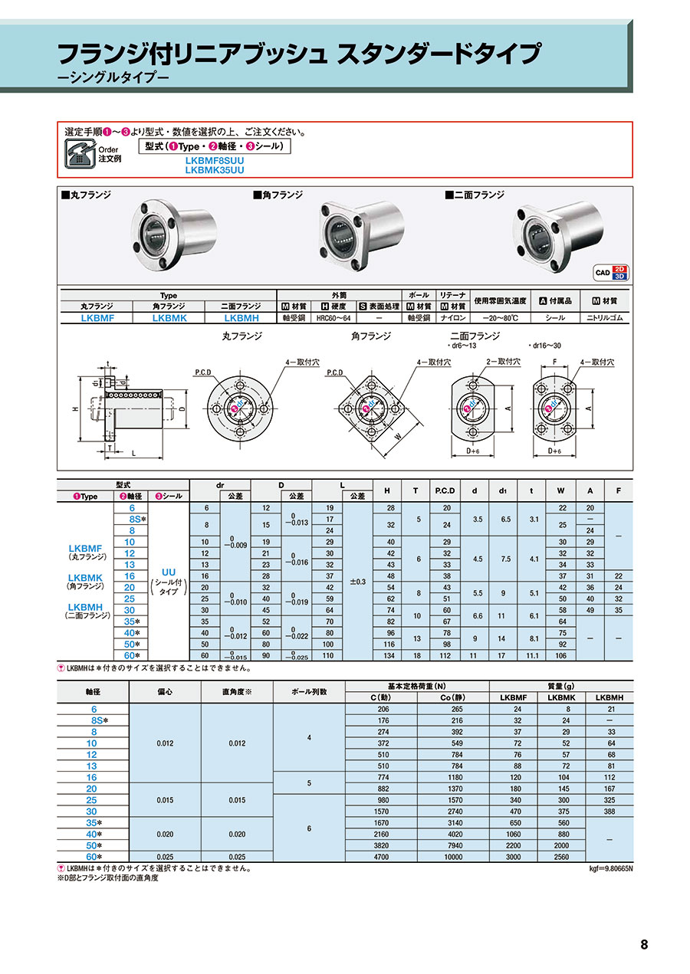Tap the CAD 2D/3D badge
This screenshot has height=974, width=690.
611,272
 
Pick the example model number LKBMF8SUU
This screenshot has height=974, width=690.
215,161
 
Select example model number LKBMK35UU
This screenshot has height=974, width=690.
215,170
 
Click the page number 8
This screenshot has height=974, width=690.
644,944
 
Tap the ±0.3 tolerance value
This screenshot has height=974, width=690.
357,582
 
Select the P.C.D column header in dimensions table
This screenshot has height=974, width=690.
445,490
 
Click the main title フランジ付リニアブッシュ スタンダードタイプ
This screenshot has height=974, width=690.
299,55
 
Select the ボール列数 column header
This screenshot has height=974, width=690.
309,691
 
